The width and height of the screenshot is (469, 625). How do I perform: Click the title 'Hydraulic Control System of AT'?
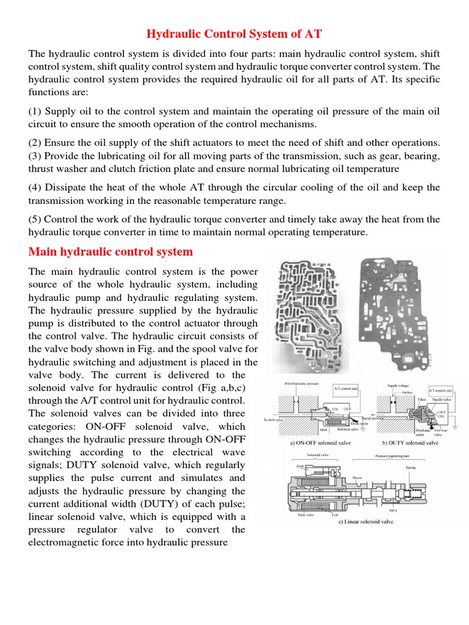234,34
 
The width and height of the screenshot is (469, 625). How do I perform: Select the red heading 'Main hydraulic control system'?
111,251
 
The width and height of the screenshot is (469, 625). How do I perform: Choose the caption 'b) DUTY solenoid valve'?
410,443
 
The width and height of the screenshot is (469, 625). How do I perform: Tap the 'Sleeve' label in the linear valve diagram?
358,478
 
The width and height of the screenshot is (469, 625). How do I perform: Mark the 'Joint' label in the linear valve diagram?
301,466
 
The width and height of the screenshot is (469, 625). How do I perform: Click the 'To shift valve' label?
274,420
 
